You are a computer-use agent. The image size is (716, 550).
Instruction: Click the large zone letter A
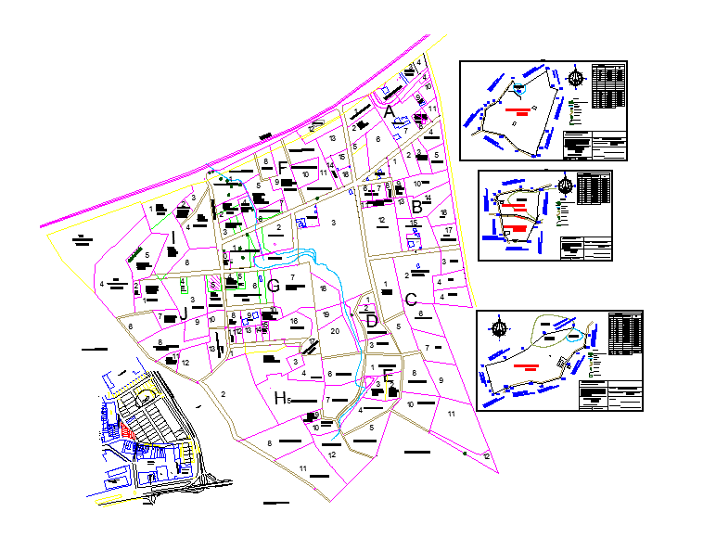click(x=390, y=112)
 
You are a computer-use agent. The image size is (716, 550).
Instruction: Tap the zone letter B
click(x=417, y=208)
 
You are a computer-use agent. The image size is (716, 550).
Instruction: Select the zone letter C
click(x=410, y=300)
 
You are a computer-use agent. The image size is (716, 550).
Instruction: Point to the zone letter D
click(x=372, y=321)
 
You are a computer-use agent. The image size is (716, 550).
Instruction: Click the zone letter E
click(x=388, y=375)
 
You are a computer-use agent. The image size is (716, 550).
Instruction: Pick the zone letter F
click(x=282, y=168)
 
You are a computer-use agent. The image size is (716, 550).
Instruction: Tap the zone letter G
click(x=273, y=287)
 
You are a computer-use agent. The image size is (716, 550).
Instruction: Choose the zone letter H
click(x=280, y=398)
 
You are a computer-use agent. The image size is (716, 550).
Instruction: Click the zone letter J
click(x=183, y=314)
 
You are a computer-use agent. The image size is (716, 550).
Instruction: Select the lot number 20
click(x=335, y=331)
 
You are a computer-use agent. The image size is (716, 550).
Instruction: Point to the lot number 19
click(x=326, y=314)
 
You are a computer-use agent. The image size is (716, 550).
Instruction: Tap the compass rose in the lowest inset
click(x=501, y=326)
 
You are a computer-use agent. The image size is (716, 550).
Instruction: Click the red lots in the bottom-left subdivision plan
click(x=124, y=431)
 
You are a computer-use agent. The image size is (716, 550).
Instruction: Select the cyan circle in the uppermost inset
click(x=519, y=88)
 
